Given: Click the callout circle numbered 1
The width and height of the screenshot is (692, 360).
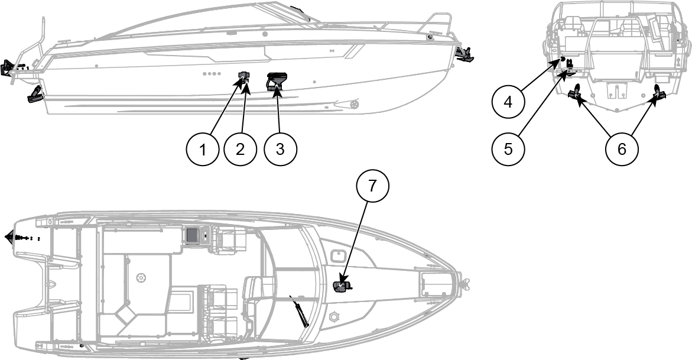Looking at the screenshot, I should (203, 149).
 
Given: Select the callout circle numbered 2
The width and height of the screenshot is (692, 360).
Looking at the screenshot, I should (240, 149).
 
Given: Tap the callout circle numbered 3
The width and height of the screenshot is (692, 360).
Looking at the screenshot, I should (280, 149).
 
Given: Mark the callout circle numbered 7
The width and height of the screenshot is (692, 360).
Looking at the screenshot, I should (372, 185).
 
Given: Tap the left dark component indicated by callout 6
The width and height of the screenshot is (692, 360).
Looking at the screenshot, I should (575, 92).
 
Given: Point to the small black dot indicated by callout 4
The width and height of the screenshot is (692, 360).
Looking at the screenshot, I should (563, 59).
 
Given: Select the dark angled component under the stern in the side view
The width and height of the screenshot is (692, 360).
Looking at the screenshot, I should (35, 95).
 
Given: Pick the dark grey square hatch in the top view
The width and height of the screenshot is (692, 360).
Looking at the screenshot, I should (191, 235).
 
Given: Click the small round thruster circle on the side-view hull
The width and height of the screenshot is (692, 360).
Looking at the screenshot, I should (355, 105).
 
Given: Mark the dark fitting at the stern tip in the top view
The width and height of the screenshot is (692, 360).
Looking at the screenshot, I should (10, 236).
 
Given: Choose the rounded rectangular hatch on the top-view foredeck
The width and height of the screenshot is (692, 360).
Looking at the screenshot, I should (337, 255).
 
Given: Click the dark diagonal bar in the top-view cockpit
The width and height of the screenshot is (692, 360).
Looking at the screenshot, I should (300, 309).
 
